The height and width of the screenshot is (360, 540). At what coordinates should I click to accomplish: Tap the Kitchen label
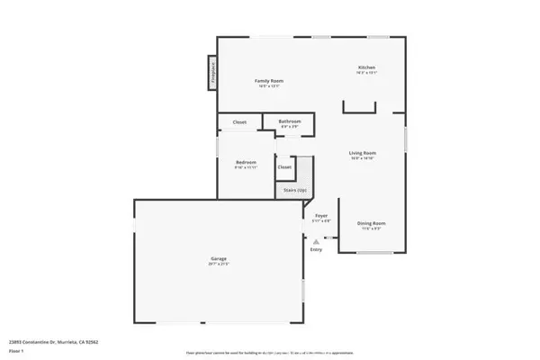pyautogui.click(x=366, y=67)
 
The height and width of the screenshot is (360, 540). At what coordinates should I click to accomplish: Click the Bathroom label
pyautogui.click(x=289, y=121)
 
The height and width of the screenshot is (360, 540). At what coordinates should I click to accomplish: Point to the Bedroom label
pyautogui.click(x=246, y=162)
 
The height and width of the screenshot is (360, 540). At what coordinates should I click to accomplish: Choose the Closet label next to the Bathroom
pyautogui.click(x=239, y=121)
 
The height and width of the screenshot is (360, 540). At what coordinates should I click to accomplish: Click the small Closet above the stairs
pyautogui.click(x=284, y=166)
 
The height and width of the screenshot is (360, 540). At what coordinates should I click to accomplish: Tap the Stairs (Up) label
pyautogui.click(x=295, y=190)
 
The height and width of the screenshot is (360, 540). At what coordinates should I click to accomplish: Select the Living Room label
pyautogui.click(x=363, y=153)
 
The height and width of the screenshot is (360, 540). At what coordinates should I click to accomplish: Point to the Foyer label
pyautogui.click(x=320, y=216)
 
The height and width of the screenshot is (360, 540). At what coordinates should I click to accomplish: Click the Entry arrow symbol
pyautogui.click(x=316, y=241)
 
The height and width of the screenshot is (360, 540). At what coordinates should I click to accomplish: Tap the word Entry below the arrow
pyautogui.click(x=316, y=250)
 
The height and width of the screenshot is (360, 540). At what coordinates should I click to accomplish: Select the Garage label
pyautogui.click(x=219, y=259)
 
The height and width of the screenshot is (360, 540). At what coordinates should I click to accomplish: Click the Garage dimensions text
pyautogui.click(x=219, y=265)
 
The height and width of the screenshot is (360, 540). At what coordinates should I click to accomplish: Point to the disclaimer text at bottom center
pyautogui.click(x=269, y=354)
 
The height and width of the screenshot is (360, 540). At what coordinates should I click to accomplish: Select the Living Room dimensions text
pyautogui.click(x=363, y=158)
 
